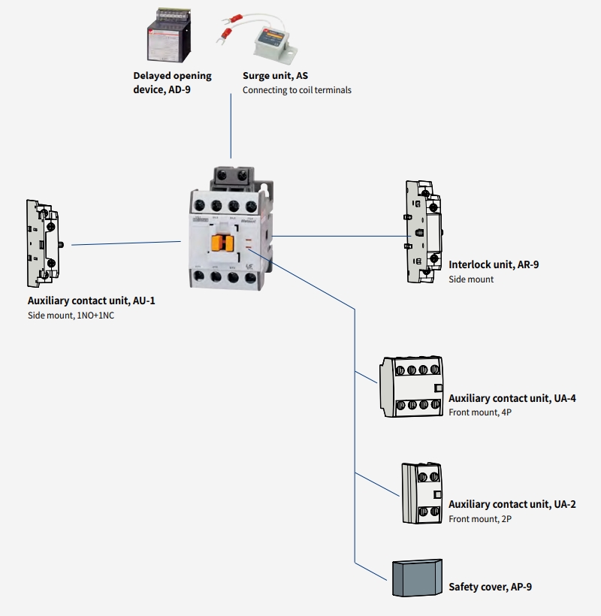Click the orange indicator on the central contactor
[x=220, y=243]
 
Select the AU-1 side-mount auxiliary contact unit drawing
[x=43, y=243]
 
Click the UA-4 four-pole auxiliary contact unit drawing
[x=410, y=387]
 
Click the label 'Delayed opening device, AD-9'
[x=172, y=83]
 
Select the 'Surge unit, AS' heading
[x=276, y=76]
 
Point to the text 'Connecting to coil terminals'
[x=297, y=90]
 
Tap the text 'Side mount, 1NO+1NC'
[x=71, y=316]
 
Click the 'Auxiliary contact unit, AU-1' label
[x=91, y=300]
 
